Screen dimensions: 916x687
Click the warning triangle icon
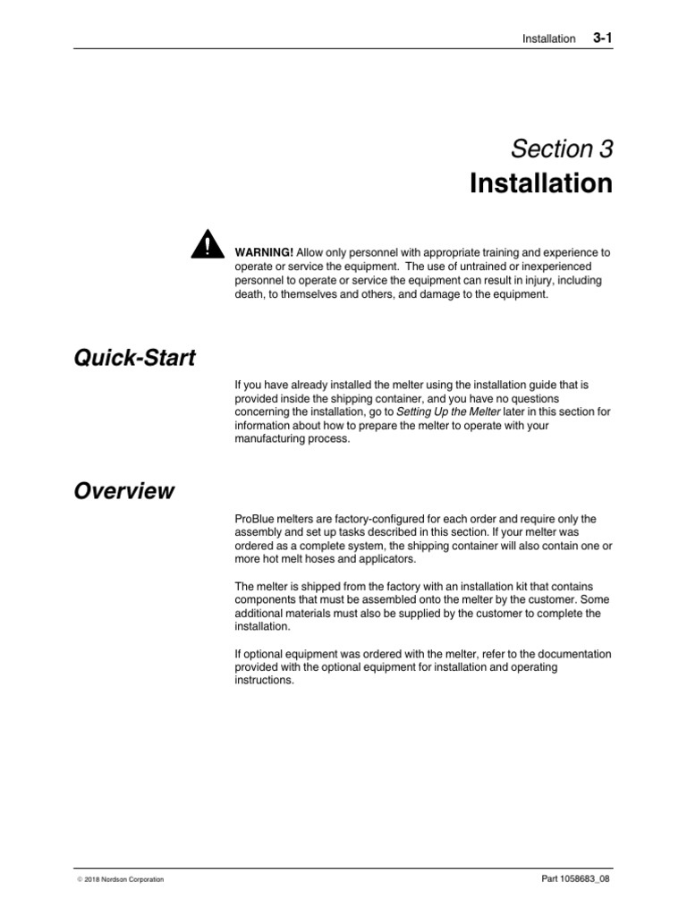pos(208,244)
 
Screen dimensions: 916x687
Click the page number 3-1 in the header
pos(602,38)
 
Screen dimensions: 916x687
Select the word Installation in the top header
pos(549,39)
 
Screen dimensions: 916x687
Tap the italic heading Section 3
pos(563,149)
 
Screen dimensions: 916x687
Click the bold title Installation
pos(541,183)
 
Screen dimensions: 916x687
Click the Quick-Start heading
pos(134,359)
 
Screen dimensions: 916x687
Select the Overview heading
pos(124,491)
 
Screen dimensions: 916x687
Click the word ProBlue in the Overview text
pos(254,519)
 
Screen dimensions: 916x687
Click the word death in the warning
pos(250,293)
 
